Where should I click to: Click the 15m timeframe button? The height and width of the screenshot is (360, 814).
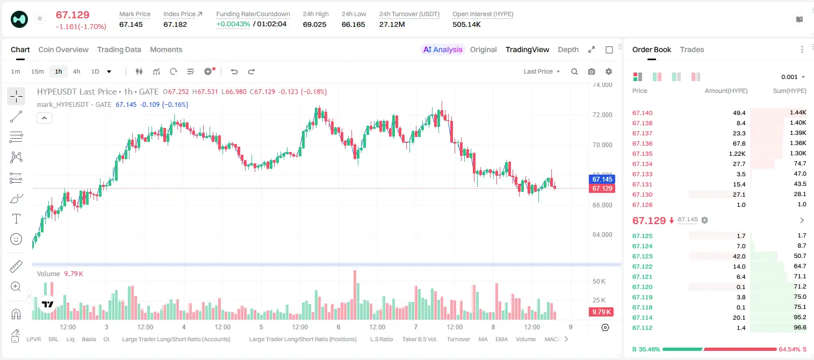point(38,71)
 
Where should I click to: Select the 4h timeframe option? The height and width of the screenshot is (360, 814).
point(76,71)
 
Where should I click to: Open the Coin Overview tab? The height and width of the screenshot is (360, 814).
point(63,49)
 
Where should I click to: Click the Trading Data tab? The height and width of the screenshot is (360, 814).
point(119,49)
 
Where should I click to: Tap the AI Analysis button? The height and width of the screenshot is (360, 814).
point(443,49)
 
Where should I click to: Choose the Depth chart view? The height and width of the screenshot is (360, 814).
point(568,49)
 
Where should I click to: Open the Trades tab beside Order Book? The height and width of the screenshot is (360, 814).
point(691,49)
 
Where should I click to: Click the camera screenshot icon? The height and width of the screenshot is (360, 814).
point(592,71)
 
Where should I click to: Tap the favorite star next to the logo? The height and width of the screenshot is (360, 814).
point(40,18)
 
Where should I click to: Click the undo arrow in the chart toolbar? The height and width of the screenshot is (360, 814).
point(234,71)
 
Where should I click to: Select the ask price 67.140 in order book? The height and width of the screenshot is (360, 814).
point(642,113)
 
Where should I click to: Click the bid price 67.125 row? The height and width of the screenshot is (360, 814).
point(642,236)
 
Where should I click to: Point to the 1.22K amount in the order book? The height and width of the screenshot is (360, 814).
point(737,154)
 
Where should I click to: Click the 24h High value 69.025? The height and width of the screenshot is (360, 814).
point(314,24)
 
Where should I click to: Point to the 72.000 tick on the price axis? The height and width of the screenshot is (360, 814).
point(602,115)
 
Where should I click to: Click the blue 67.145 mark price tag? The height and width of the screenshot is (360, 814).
point(602,179)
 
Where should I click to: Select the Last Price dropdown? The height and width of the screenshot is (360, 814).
point(542,71)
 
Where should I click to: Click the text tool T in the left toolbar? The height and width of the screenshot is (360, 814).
point(16,219)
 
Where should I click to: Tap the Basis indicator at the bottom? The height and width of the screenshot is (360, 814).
point(89,339)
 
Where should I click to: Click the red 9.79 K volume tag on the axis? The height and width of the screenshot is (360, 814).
point(601,312)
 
